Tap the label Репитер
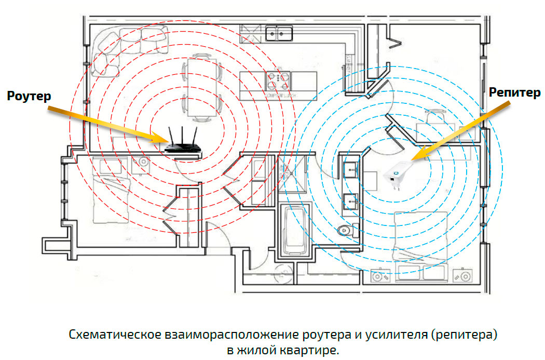click(x=515, y=92)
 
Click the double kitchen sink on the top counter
click(x=279, y=34)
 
